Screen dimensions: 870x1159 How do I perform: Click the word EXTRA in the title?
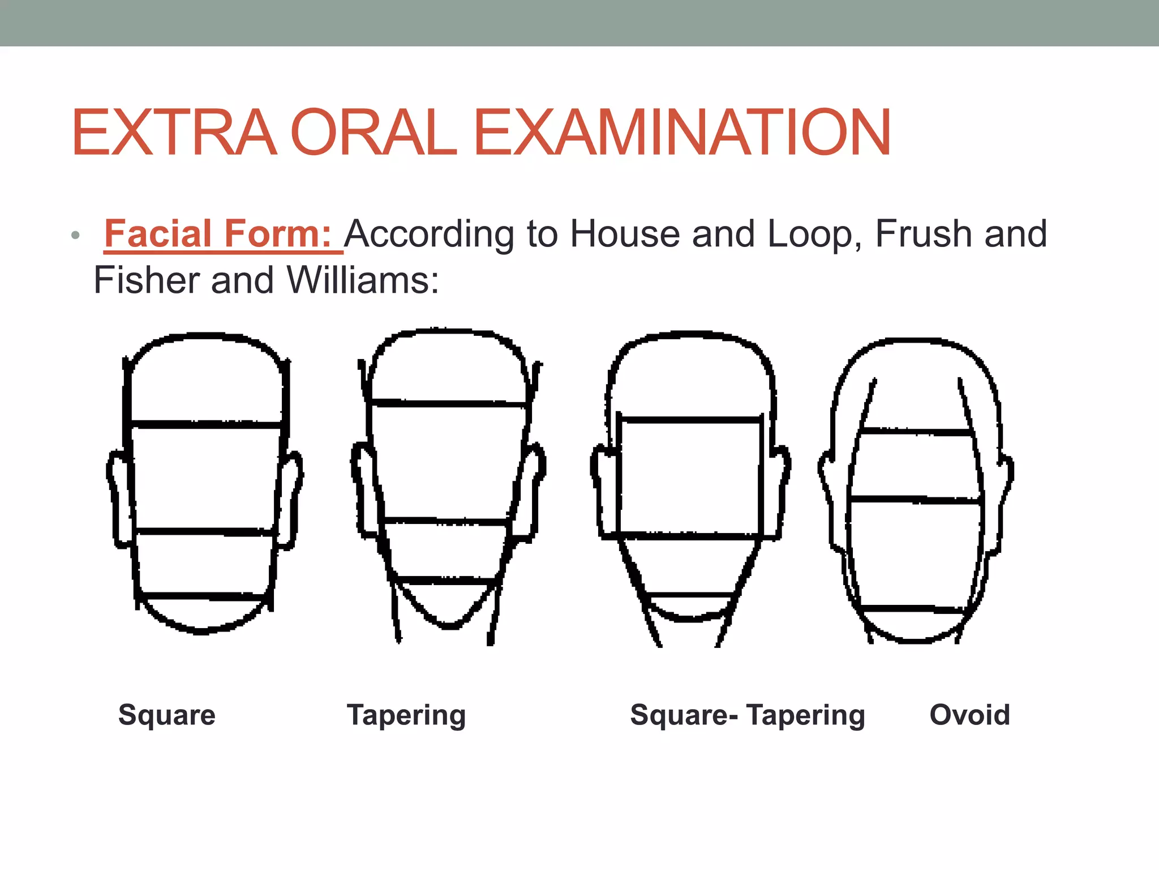point(174,133)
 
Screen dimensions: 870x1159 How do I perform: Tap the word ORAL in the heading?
point(374,133)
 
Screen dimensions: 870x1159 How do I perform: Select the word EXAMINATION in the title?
point(682,133)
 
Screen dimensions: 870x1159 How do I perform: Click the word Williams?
point(362,280)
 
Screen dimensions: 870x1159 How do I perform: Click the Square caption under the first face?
point(167,715)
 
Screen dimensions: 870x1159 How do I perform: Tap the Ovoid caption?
point(969,715)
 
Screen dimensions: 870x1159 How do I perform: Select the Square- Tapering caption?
point(748,715)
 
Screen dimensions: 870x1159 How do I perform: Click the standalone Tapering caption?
point(406,715)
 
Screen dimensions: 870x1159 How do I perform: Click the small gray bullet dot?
point(76,235)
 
